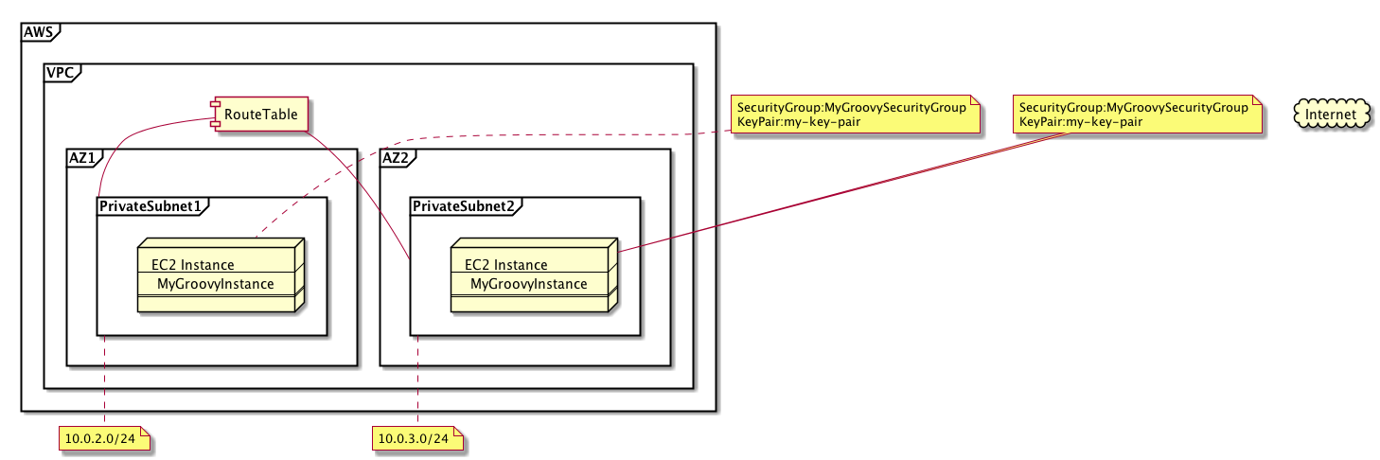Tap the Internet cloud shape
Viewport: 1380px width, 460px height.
pyautogui.click(x=1332, y=115)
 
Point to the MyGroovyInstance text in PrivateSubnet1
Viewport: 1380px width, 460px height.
pyautogui.click(x=216, y=283)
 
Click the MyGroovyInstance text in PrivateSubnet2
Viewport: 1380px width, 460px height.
pyautogui.click(x=529, y=283)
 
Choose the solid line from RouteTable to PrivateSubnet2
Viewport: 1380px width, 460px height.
pyautogui.click(x=360, y=189)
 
